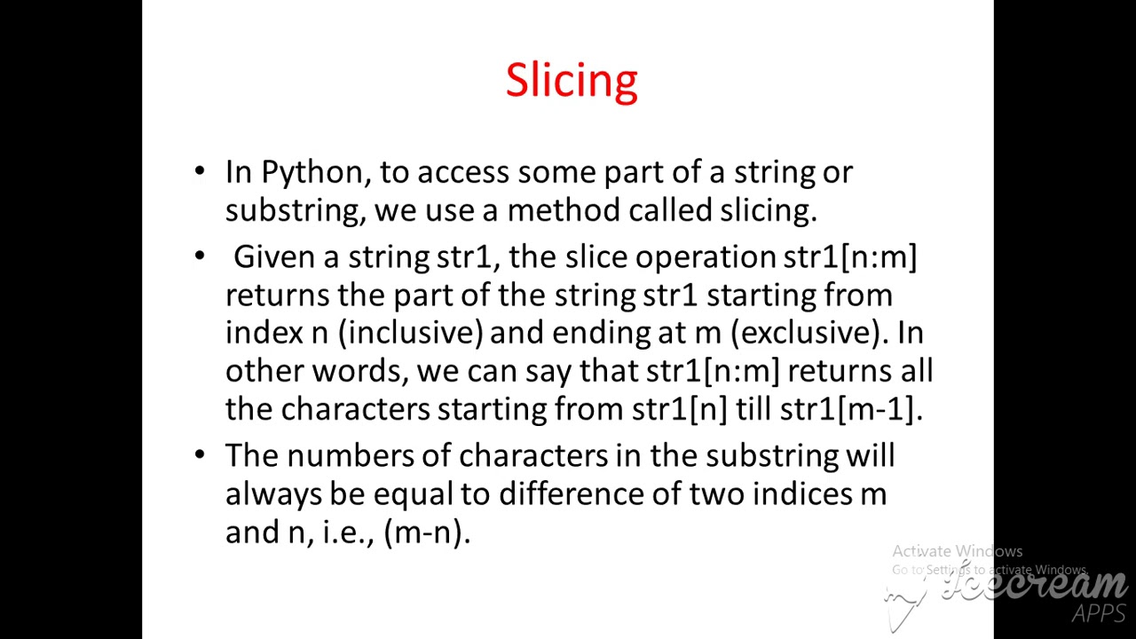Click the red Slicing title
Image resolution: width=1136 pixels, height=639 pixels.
(572, 81)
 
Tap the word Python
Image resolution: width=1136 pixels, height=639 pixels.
(315, 172)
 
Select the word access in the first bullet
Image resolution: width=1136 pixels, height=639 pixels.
(463, 172)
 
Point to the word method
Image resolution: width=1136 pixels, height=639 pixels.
(564, 210)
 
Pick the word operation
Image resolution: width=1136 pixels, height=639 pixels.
(706, 257)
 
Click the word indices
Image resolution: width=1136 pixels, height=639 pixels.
(801, 494)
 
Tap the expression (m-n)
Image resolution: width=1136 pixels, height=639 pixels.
(426, 532)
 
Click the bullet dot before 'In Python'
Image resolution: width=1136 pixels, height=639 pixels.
(200, 170)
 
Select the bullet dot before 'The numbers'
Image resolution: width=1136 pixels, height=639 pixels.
(200, 454)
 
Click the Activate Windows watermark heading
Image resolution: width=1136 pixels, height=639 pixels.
(957, 551)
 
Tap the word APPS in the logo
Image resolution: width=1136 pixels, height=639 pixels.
(1098, 613)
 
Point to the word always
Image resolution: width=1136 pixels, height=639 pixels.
(273, 494)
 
